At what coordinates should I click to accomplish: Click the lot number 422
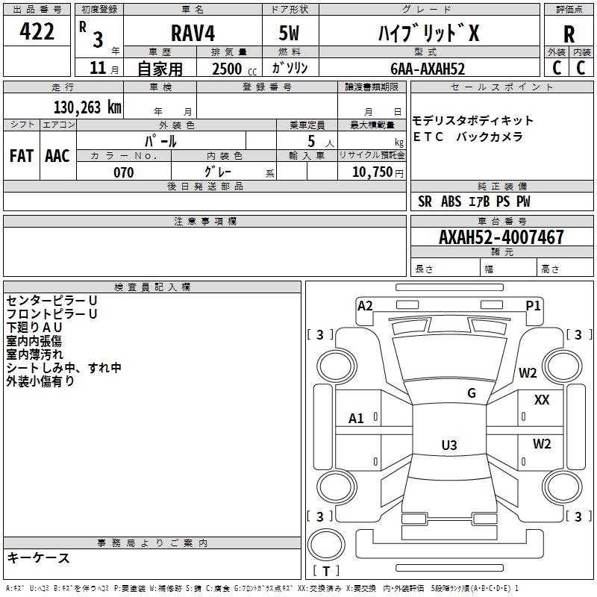[37, 31]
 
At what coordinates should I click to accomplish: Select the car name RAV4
[193, 33]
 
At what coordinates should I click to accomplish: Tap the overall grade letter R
[569, 34]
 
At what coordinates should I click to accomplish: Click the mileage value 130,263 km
[87, 107]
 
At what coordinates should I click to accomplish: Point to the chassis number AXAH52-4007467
[501, 237]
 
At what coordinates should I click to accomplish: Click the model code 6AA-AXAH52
[428, 69]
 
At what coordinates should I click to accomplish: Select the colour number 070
[124, 172]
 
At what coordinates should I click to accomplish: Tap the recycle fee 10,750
[372, 172]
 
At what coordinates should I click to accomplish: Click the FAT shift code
[22, 156]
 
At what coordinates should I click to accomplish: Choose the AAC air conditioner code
[57, 156]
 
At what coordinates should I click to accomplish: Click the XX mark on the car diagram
[542, 400]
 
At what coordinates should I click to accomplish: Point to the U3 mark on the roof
[449, 445]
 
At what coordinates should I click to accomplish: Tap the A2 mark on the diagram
[365, 306]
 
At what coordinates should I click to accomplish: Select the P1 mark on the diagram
[533, 306]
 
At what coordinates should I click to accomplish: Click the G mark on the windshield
[472, 393]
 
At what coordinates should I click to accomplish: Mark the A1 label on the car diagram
[356, 419]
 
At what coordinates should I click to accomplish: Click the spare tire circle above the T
[326, 545]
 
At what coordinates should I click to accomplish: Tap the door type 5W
[289, 33]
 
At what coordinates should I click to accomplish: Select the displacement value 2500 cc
[234, 69]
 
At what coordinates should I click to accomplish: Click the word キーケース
[38, 557]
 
